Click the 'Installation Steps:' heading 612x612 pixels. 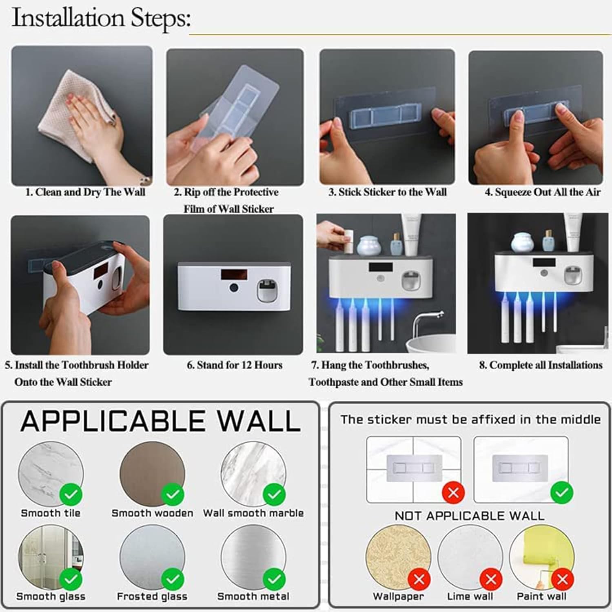click(x=101, y=18)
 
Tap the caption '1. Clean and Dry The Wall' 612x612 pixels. click(x=85, y=192)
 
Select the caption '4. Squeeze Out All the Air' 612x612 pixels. click(x=542, y=192)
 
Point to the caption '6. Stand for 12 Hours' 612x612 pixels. click(x=234, y=365)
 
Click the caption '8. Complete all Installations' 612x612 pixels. click(x=541, y=365)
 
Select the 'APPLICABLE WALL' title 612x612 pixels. click(x=160, y=421)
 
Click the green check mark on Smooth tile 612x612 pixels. click(x=71, y=494)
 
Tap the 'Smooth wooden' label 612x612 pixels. click(x=152, y=513)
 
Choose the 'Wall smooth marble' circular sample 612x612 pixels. click(x=253, y=473)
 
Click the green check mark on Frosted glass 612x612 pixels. click(x=173, y=579)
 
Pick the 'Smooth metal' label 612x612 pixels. click(x=253, y=596)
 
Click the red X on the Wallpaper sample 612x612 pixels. click(x=419, y=579)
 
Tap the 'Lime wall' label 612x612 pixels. click(x=470, y=596)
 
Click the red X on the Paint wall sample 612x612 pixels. click(x=563, y=579)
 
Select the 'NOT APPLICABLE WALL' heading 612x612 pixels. click(x=469, y=516)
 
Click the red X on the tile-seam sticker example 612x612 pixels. click(x=453, y=492)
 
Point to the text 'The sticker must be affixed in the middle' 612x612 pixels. click(x=470, y=419)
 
